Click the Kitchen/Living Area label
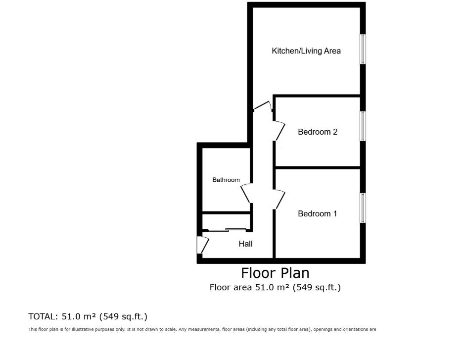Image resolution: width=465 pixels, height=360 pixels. [x=306, y=51]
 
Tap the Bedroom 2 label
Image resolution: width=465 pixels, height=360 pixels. [x=318, y=132]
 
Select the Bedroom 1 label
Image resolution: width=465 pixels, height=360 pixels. [x=317, y=214]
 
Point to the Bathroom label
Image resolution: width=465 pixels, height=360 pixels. [x=226, y=180]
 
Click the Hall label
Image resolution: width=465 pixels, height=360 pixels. [x=245, y=244]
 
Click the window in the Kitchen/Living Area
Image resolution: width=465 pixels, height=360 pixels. [x=363, y=49]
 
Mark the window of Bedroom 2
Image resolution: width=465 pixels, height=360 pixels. [x=363, y=126]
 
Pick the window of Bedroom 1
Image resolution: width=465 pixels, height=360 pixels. [x=363, y=208]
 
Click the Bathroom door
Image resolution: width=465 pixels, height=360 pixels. [x=246, y=194]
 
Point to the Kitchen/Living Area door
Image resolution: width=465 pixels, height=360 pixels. [x=262, y=105]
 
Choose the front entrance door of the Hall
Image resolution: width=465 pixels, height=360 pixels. [x=203, y=245]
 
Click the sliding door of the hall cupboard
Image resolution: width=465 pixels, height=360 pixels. [x=227, y=230]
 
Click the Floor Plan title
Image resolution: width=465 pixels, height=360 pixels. [x=275, y=273]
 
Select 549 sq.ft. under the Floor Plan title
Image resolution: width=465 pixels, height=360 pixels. [x=317, y=287]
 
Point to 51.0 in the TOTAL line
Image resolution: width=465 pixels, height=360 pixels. [x=71, y=316]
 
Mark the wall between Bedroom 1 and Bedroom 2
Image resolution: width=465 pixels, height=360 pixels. [x=318, y=168]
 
